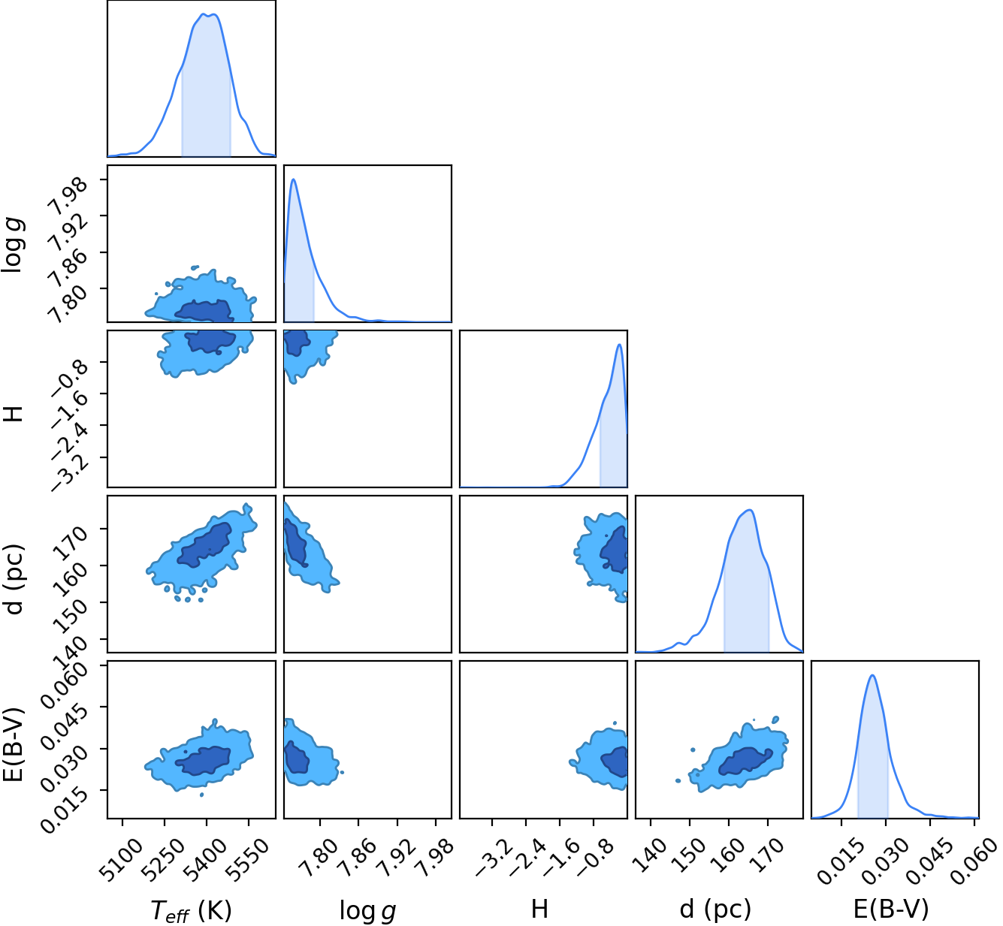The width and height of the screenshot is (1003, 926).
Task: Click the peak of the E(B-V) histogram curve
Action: [872, 676]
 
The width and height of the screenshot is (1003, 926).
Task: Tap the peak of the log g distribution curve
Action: [293, 179]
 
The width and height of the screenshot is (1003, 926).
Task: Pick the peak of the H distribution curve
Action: [619, 345]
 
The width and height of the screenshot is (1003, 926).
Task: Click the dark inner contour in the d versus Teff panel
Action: [205, 544]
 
